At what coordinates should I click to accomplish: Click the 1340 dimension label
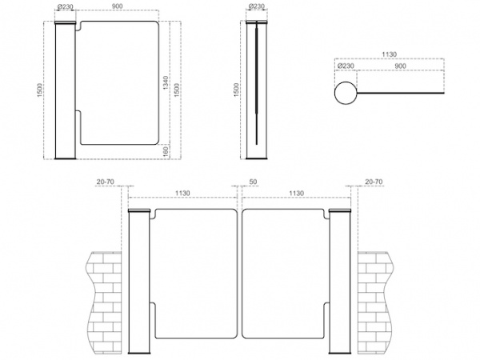(x=166, y=82)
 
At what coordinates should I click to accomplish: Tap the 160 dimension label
(x=166, y=151)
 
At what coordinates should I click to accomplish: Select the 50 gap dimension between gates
(x=253, y=182)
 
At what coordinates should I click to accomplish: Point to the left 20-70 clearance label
(x=106, y=182)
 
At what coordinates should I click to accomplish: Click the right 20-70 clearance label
(x=374, y=182)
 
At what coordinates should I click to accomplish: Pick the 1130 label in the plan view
(x=389, y=54)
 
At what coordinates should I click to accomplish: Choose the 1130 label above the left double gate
(x=182, y=193)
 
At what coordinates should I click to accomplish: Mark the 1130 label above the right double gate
(x=296, y=193)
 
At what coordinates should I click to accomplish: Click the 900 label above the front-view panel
(x=117, y=6)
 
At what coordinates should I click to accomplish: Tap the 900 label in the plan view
(x=401, y=66)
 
